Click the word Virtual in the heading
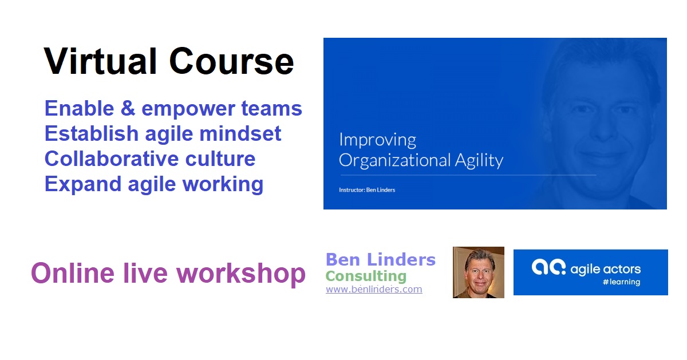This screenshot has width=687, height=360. click(x=101, y=61)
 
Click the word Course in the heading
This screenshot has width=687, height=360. click(x=231, y=61)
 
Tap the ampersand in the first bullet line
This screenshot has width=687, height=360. click(x=128, y=108)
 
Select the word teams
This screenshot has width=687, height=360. click(x=271, y=109)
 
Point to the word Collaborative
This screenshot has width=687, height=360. click(x=112, y=159)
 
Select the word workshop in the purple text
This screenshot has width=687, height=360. click(x=241, y=274)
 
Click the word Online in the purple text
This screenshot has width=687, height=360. click(x=73, y=273)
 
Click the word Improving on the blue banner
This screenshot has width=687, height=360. click(x=377, y=140)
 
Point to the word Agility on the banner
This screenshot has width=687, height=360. click(x=479, y=161)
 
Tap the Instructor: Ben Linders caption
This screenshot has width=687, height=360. click(x=367, y=190)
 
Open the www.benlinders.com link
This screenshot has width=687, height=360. click(x=374, y=289)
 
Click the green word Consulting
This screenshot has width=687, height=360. click(x=366, y=276)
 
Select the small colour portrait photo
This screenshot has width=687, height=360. click(x=479, y=272)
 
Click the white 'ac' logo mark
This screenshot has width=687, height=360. click(x=548, y=267)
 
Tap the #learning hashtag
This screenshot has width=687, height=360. click(x=622, y=282)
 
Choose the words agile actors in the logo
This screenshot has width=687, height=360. click(x=606, y=270)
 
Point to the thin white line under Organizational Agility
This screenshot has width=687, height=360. click(x=468, y=175)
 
